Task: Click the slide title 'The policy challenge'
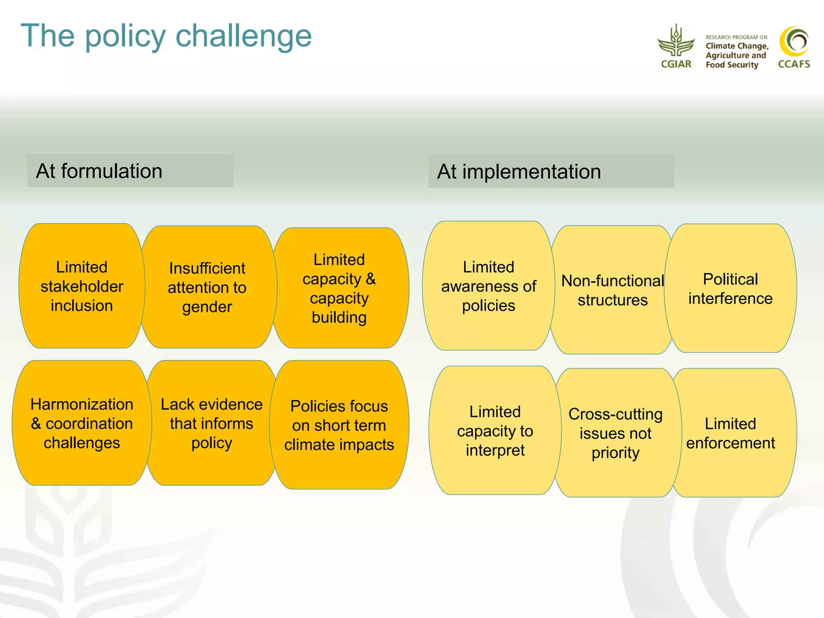pyautogui.click(x=166, y=36)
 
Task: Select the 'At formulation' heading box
pyautogui.click(x=130, y=171)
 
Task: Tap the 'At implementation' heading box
pyautogui.click(x=551, y=171)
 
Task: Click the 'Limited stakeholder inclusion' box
pyautogui.click(x=82, y=286)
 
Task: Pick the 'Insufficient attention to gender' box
pyautogui.click(x=207, y=287)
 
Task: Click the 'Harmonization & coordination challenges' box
pyautogui.click(x=82, y=423)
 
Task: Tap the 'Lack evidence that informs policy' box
pyautogui.click(x=212, y=423)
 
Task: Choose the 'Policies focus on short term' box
pyautogui.click(x=339, y=425)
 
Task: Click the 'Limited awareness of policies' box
pyautogui.click(x=488, y=286)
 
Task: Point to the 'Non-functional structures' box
pyautogui.click(x=612, y=290)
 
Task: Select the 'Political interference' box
pyautogui.click(x=730, y=288)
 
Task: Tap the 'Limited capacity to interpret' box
pyautogui.click(x=495, y=431)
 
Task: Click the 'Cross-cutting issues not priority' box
pyautogui.click(x=616, y=433)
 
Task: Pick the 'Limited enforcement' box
pyautogui.click(x=730, y=433)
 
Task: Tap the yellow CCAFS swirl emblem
pyautogui.click(x=794, y=41)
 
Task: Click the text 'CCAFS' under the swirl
pyautogui.click(x=794, y=64)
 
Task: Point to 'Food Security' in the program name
pyautogui.click(x=731, y=65)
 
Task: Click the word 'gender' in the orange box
pyautogui.click(x=207, y=307)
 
